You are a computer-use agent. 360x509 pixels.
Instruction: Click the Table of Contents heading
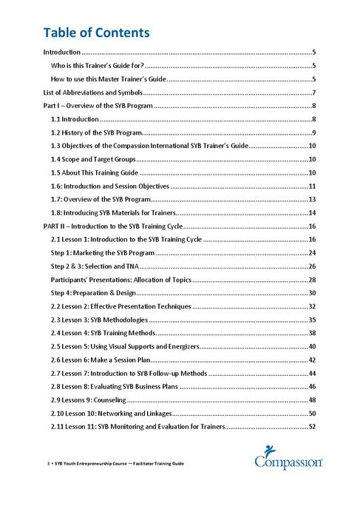[x=97, y=33]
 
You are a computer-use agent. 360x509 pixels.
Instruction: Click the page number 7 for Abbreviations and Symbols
[x=314, y=92]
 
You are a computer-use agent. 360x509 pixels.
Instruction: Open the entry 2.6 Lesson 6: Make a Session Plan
[x=101, y=360]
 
